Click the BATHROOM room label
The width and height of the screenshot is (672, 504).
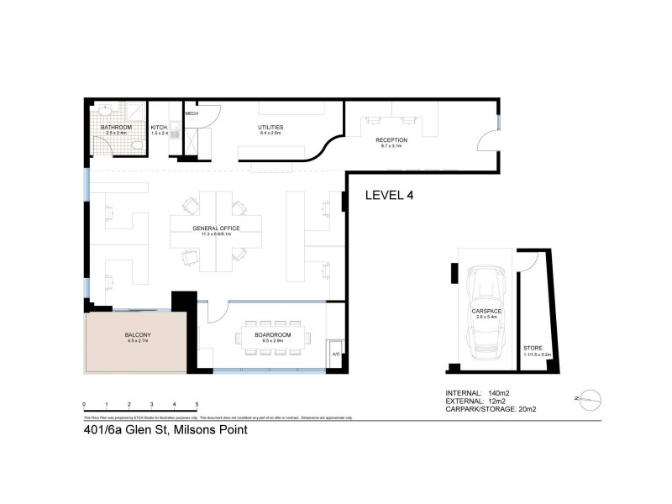[x=117, y=128]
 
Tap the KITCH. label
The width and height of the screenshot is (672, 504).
[x=160, y=128]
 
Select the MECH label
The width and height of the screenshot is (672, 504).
[x=192, y=113]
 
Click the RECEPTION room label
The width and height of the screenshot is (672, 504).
[x=391, y=140]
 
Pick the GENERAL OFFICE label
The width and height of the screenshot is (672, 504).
[x=216, y=228]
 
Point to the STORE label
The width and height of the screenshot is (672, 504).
[x=533, y=348]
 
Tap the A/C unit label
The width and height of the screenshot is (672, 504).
[x=336, y=354]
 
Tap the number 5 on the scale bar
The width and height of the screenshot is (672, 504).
[x=197, y=404]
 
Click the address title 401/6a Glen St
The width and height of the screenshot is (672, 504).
[x=165, y=430]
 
